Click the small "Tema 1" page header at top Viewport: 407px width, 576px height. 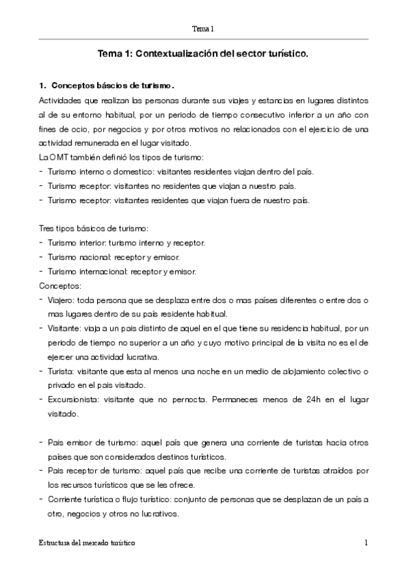[203, 29]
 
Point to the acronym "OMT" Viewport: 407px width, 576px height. [56, 157]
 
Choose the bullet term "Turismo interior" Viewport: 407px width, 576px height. [75, 243]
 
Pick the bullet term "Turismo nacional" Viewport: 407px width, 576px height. [77, 257]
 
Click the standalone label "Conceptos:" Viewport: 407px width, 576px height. [61, 286]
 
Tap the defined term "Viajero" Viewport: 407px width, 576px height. [61, 300]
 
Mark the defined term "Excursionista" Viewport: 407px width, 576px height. [72, 400]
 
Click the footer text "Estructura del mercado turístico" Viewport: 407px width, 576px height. [86, 544]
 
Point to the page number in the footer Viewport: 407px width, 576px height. [366, 544]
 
